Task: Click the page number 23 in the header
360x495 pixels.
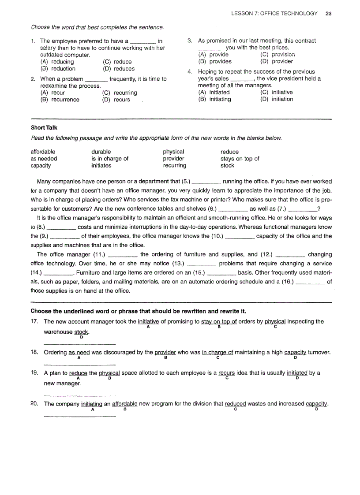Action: click(x=329, y=13)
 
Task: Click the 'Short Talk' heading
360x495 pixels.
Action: click(x=44, y=128)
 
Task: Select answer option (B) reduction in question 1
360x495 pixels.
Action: click(x=58, y=69)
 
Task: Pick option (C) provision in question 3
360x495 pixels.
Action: click(x=277, y=55)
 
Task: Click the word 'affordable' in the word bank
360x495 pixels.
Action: click(x=43, y=152)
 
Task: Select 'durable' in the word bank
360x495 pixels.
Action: click(x=101, y=152)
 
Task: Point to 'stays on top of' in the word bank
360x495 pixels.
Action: click(x=240, y=159)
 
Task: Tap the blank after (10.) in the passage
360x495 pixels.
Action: click(x=239, y=237)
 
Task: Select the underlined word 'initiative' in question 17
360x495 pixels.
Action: click(x=148, y=322)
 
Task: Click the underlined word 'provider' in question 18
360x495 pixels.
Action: click(x=165, y=353)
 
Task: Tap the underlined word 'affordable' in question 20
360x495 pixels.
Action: click(x=125, y=404)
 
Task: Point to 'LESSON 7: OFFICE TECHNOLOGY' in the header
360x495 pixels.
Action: click(x=274, y=13)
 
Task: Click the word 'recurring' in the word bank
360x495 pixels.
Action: click(x=175, y=166)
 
